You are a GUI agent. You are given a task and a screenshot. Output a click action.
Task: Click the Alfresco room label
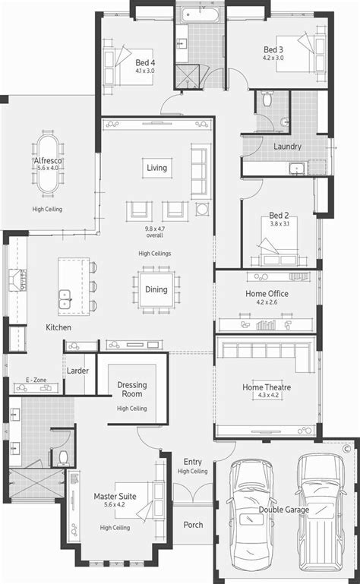point(46,163)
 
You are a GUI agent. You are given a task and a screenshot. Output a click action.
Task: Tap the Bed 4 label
point(145,62)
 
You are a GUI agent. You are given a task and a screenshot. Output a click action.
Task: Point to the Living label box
point(157,168)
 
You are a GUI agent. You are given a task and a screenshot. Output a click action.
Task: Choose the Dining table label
point(156,289)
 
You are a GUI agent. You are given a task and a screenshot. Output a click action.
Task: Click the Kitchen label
point(58,327)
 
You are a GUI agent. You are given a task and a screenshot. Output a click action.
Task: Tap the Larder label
point(77,371)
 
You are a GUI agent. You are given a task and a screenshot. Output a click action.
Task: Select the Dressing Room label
point(132,390)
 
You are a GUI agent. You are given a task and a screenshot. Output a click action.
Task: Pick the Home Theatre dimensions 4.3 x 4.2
point(267,396)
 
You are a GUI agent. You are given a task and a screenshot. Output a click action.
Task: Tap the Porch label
point(193,525)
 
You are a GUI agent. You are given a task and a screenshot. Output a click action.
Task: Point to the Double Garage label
point(283,510)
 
